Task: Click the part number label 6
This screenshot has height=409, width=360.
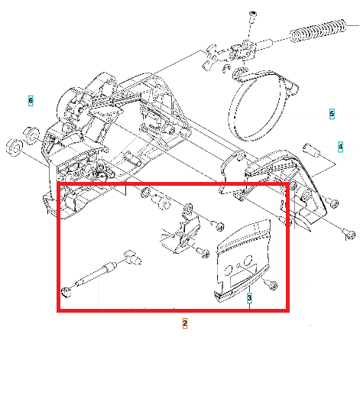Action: point(31,101)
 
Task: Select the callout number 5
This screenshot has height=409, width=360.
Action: point(332,114)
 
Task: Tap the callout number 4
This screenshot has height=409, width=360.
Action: point(340,147)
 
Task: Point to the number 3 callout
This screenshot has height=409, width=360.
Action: point(249,298)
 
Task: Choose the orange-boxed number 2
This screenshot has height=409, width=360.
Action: point(185,323)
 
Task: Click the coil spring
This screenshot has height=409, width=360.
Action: point(318,31)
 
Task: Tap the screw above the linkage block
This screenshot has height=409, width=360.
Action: point(252,18)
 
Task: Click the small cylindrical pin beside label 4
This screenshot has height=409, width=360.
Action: point(312,150)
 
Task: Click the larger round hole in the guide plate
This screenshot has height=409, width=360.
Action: point(248,260)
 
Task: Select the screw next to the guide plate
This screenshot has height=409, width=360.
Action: point(271,284)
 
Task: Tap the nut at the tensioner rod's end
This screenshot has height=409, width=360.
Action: point(66,291)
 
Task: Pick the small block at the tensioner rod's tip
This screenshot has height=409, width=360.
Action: point(132,258)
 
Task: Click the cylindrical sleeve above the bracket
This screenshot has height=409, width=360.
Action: point(161,202)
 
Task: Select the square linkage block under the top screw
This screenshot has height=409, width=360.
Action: point(244,50)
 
